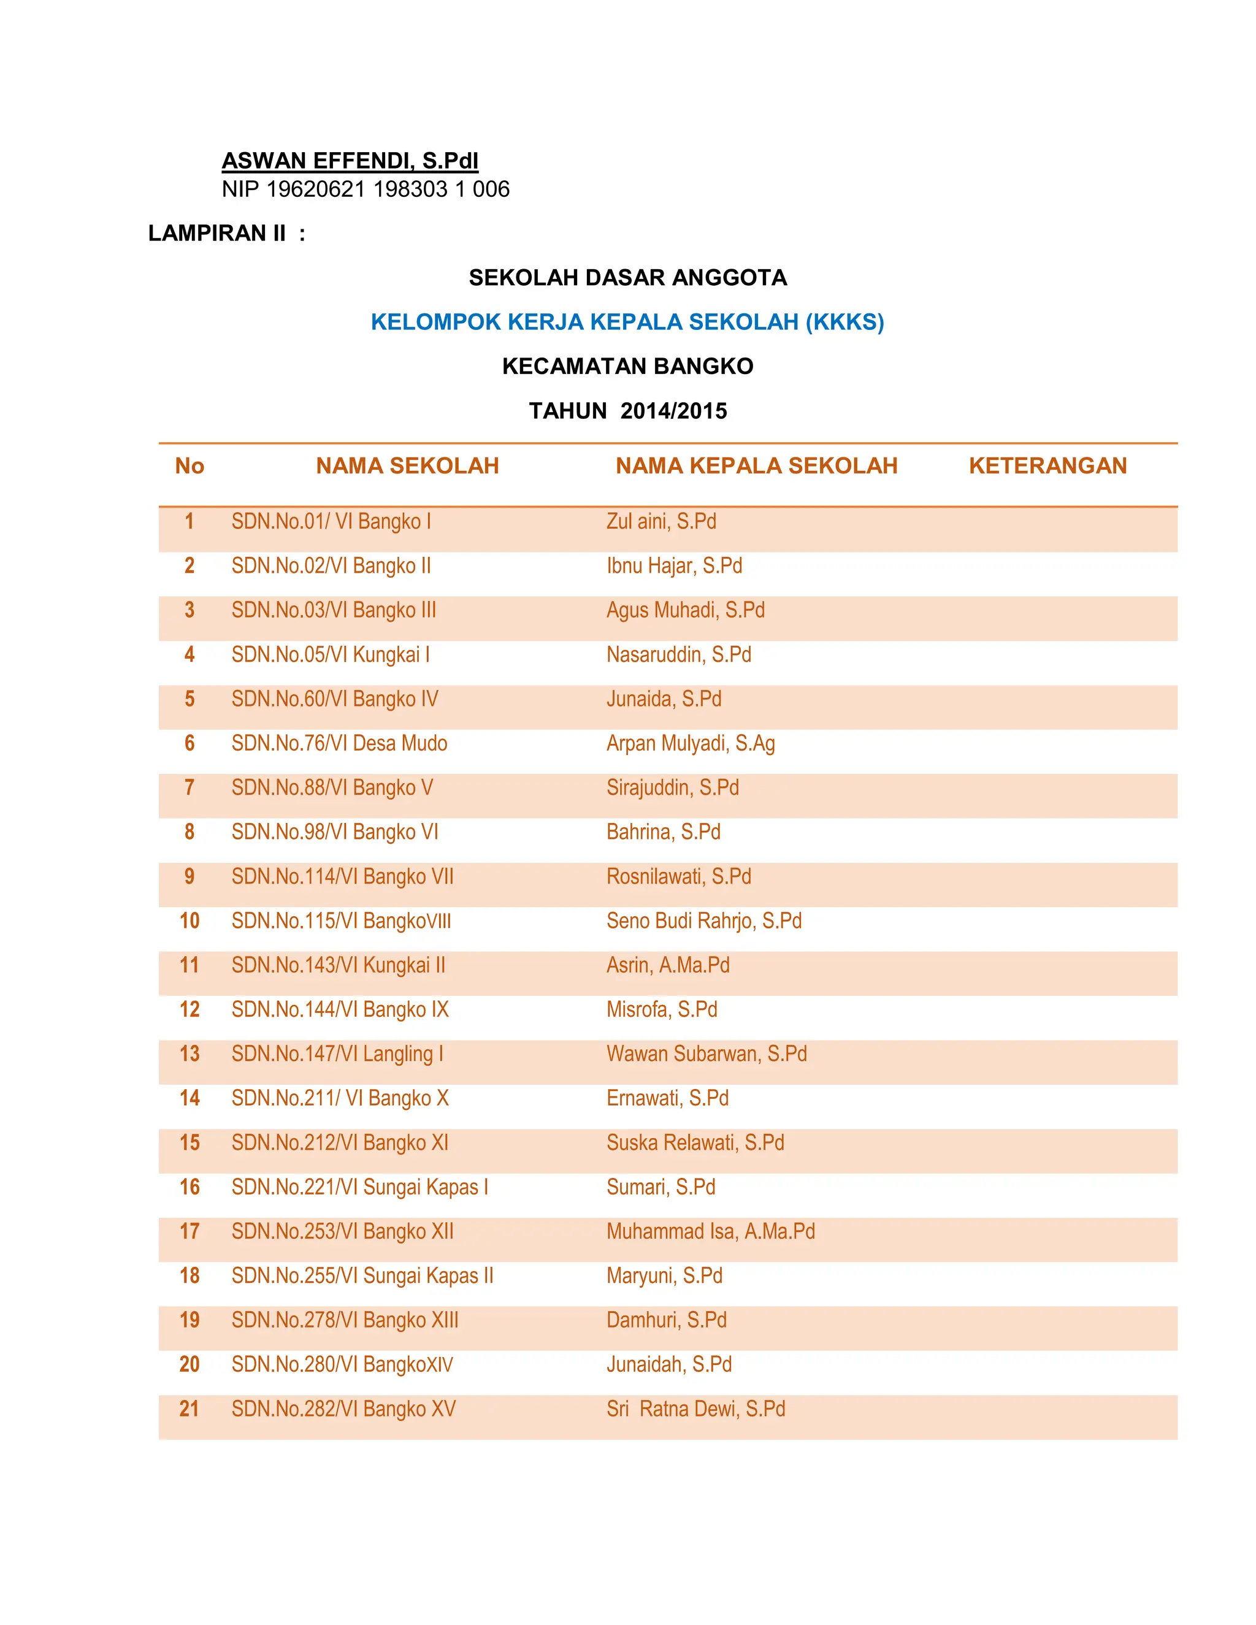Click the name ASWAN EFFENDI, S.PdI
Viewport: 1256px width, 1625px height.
click(x=350, y=161)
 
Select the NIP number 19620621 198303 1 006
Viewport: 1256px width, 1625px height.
click(x=366, y=189)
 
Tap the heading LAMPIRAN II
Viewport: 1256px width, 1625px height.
click(x=226, y=233)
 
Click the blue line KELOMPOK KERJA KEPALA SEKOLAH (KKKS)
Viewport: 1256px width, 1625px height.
click(x=627, y=321)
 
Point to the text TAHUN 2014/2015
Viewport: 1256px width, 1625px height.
click(x=627, y=410)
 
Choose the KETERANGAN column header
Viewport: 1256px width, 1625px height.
click(x=1047, y=466)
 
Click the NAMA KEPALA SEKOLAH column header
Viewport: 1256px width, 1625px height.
click(x=756, y=466)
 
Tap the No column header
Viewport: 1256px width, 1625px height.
click(x=189, y=466)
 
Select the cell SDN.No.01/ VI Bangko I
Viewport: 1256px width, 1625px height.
click(x=331, y=521)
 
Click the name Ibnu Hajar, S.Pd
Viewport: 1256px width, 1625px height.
click(x=674, y=565)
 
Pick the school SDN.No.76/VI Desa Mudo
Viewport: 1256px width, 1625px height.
click(x=339, y=743)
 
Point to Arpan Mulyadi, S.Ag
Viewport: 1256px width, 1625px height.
click(x=691, y=743)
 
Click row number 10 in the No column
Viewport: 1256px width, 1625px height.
click(x=189, y=920)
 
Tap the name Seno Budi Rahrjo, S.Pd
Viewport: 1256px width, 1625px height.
click(x=704, y=920)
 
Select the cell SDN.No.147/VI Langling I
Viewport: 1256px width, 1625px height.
click(x=337, y=1053)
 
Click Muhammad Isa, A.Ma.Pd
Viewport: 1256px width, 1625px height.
click(x=711, y=1231)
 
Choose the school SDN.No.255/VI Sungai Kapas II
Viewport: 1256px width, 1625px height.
click(x=362, y=1275)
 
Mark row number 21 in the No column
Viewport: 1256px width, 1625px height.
click(x=189, y=1409)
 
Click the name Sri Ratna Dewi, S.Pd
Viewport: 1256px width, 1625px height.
click(x=695, y=1409)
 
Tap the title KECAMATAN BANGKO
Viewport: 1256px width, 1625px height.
click(x=627, y=366)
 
